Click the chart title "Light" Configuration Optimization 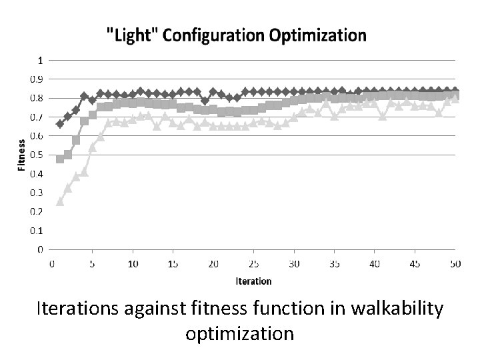(237, 35)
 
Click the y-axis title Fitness (21, 155)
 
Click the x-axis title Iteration (253, 281)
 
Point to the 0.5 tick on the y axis (41, 155)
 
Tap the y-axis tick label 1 (41, 60)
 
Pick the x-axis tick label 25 (253, 264)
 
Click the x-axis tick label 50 (455, 264)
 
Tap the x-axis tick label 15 (173, 264)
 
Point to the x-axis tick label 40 (375, 264)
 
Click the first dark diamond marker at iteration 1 (60, 124)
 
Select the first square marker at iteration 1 (60, 159)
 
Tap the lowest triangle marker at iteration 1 (60, 201)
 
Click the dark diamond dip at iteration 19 (205, 101)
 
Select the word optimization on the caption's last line (240, 333)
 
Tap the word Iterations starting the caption (78, 310)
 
